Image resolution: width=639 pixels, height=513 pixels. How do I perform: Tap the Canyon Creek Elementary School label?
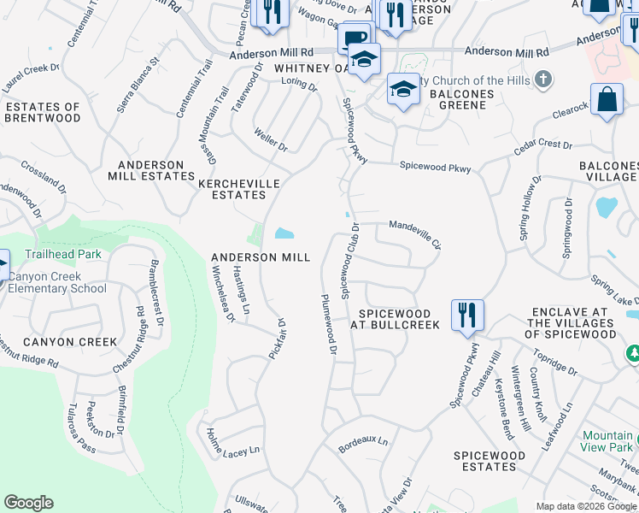coord(56,283)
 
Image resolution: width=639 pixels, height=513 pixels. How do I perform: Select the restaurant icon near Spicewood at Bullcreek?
coord(467,314)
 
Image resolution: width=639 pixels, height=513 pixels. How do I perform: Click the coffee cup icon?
coord(355,38)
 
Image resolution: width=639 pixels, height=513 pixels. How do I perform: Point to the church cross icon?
coord(542,80)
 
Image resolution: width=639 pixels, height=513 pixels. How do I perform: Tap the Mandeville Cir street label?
coord(415,233)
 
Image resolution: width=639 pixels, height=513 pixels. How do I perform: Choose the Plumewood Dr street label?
coord(329,325)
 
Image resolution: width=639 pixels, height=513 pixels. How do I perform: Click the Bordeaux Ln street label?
coord(362,443)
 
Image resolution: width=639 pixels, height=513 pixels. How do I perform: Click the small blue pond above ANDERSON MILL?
coord(283,233)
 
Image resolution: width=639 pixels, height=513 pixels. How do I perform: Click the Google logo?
coord(29,503)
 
